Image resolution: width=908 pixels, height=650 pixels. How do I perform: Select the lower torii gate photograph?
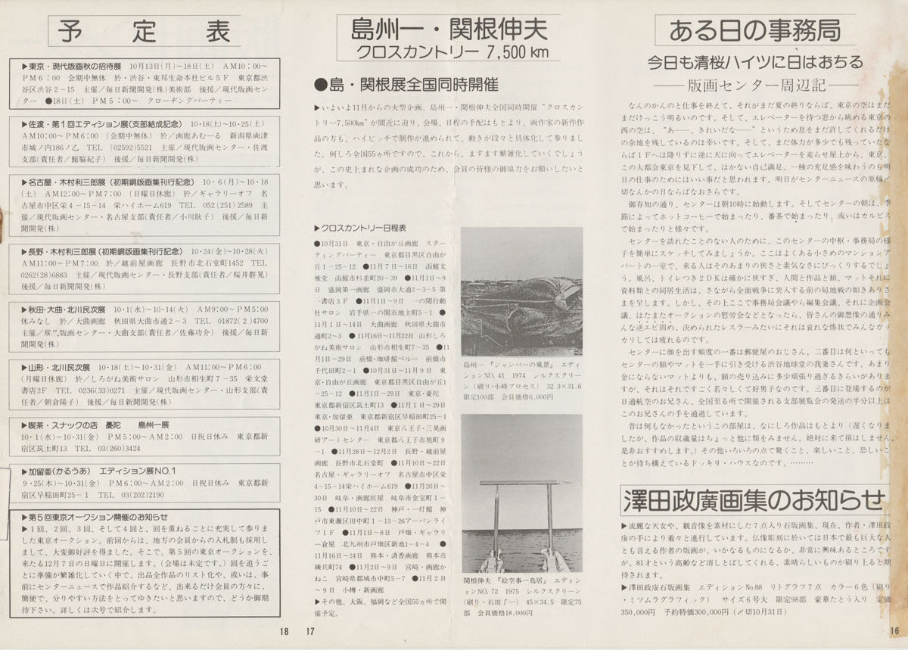[x=521, y=493]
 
